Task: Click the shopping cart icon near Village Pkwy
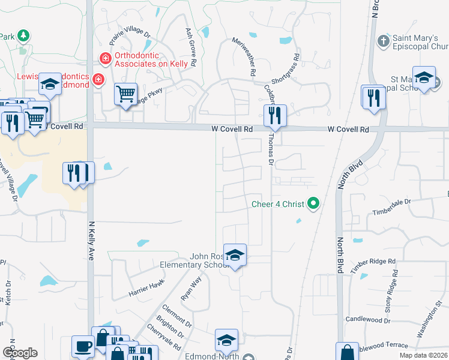[x=126, y=94]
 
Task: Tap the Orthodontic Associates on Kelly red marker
[x=106, y=58]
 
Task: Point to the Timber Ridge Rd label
[x=374, y=266]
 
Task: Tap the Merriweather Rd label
[x=245, y=56]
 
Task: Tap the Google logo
[x=19, y=353]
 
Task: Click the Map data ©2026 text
[x=423, y=355]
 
